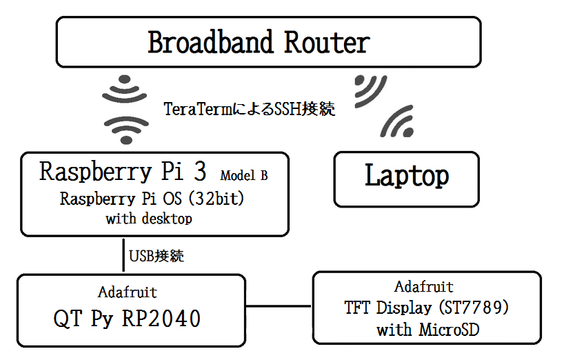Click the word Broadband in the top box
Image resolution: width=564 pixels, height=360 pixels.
pos(210,42)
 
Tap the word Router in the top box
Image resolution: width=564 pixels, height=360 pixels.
pos(327,43)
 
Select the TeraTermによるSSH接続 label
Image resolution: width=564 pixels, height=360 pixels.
pos(250,109)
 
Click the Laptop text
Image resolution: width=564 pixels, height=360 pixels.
pos(407,176)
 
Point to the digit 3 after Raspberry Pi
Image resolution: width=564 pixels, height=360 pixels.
pos(200,171)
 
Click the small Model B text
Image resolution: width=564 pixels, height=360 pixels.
pos(244,175)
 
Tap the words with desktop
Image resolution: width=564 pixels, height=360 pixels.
pos(149,219)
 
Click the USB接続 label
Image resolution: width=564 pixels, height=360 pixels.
pos(157,256)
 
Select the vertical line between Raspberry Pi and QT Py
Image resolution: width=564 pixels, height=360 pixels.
pos(123,255)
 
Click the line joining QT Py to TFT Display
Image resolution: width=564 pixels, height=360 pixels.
pos(279,306)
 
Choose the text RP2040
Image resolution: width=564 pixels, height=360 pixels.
pos(161,319)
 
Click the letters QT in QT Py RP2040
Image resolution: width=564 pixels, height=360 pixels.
pos(68,319)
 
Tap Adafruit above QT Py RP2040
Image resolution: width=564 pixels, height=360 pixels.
pos(128,292)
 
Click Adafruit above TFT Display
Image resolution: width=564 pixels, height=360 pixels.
pos(424,287)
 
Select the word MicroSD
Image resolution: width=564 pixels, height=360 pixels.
pos(450,330)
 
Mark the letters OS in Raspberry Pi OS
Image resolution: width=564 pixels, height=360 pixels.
pos(172,199)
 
